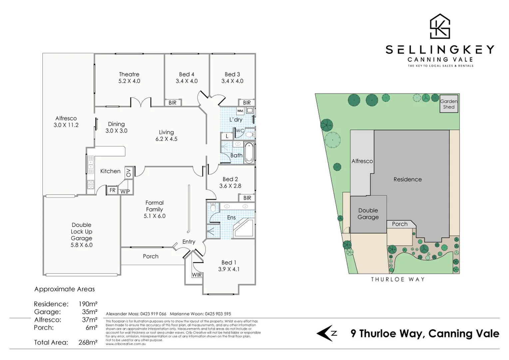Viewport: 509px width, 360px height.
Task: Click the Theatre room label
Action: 129,74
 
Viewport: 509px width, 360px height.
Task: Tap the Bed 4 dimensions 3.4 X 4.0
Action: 187,81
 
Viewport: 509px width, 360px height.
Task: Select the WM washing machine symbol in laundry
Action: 240,111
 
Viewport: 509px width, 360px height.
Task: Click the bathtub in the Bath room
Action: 249,153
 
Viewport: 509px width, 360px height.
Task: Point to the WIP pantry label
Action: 125,192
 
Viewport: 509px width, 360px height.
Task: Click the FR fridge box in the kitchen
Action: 112,190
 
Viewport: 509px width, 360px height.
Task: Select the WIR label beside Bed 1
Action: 197,275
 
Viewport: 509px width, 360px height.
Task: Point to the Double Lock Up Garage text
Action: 81,235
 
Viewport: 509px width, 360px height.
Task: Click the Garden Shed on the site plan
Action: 448,104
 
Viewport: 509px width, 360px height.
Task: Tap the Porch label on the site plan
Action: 399,224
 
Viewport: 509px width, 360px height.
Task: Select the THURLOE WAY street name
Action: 398,279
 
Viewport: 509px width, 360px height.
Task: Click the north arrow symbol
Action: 327,333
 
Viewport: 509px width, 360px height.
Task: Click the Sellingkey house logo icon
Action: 440,26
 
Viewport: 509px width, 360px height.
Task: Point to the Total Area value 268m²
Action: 88,342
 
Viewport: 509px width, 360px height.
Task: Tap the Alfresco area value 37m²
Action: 90,320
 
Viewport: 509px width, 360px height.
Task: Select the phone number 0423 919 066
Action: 153,314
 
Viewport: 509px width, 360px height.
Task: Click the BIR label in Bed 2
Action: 247,198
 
